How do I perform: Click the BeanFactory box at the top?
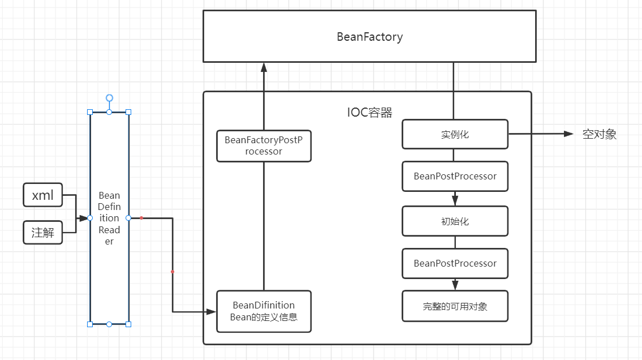369,37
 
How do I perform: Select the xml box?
43,195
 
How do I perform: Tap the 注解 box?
43,233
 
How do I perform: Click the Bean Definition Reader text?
109,218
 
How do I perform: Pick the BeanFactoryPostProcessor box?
264,146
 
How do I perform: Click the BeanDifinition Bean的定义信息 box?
264,311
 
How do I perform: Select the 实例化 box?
455,135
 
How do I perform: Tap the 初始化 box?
455,221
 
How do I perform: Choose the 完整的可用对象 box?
455,306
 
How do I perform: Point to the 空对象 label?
599,134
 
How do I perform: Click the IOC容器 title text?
369,113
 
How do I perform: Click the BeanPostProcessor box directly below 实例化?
455,176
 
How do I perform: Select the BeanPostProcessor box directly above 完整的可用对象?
455,263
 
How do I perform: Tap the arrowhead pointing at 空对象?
568,134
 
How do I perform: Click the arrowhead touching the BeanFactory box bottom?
264,67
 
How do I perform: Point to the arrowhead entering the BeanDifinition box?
212,311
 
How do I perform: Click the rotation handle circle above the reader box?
109,98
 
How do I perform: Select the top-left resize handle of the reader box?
90,112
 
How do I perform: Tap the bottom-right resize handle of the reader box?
128,324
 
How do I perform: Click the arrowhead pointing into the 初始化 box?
455,201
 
